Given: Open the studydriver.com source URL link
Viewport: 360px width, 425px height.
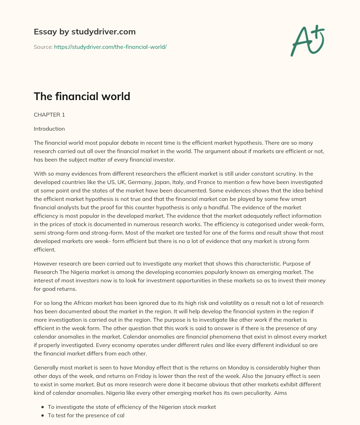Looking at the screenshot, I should pyautogui.click(x=110, y=47).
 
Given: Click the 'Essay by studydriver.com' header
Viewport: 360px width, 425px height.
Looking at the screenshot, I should pyautogui.click(x=84, y=32).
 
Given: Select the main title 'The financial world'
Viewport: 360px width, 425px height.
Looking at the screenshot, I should pyautogui.click(x=82, y=96).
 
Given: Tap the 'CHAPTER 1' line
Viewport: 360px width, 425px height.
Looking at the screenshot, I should pyautogui.click(x=49, y=115).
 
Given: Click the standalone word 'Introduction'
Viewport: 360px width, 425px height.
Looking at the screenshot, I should pyautogui.click(x=49, y=129).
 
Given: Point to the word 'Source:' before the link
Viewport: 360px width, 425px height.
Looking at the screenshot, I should pyautogui.click(x=43, y=47).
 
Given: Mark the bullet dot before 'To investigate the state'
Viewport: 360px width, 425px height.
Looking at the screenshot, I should pyautogui.click(x=43, y=407).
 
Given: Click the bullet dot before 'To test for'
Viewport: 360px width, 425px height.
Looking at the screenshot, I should pyautogui.click(x=43, y=416).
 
